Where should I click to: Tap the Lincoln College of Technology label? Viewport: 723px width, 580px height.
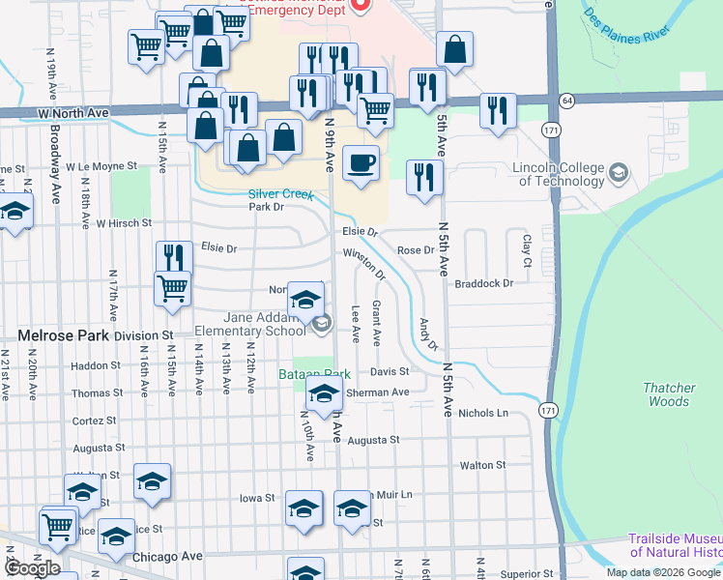pos(559,175)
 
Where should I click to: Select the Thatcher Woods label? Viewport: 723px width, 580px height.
pos(669,394)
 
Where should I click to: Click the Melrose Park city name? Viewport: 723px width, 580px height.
pos(61,335)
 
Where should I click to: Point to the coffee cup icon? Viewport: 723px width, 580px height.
pos(361,163)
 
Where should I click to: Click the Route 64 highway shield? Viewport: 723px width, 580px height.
pos(566,100)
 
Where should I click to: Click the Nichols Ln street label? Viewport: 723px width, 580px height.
pos(483,413)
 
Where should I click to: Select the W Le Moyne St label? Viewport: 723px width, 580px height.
pos(101,166)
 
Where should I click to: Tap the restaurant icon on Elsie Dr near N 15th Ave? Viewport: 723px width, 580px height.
pos(174,258)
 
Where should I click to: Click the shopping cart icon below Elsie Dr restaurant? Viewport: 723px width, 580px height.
pos(172,288)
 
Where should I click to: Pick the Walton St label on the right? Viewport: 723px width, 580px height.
pos(483,465)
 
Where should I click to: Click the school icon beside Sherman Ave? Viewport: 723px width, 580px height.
pos(324,393)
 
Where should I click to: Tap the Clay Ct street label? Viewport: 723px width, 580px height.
pos(527,249)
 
